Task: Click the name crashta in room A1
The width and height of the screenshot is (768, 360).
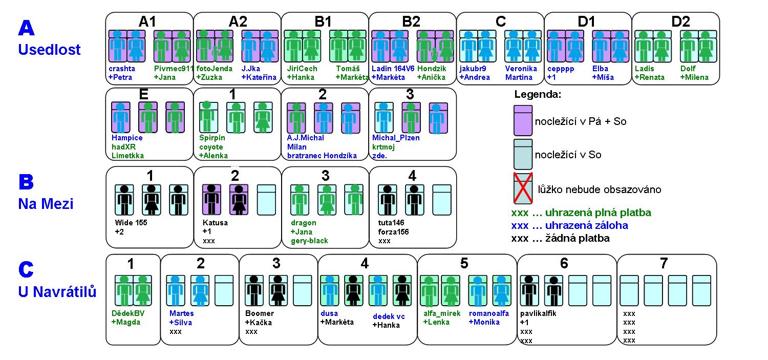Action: (x=120, y=69)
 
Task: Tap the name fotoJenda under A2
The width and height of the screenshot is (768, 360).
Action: (x=214, y=69)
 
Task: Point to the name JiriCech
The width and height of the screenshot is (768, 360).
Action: (x=302, y=69)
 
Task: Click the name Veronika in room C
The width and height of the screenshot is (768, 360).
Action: (x=521, y=69)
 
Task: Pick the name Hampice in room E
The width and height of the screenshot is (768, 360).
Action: (x=127, y=138)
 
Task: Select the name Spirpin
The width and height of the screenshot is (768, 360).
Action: (x=212, y=138)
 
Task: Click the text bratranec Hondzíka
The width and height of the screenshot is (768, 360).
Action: (x=322, y=156)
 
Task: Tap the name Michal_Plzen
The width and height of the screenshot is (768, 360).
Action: (x=396, y=138)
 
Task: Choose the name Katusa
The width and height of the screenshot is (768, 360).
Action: (x=215, y=223)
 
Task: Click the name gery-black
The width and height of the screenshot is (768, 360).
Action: (x=310, y=241)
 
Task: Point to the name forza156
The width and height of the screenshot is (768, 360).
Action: (x=393, y=231)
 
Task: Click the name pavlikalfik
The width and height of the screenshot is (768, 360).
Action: (x=538, y=313)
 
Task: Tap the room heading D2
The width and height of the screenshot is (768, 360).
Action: (x=680, y=22)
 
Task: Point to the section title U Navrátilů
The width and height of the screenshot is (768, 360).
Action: (x=57, y=292)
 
